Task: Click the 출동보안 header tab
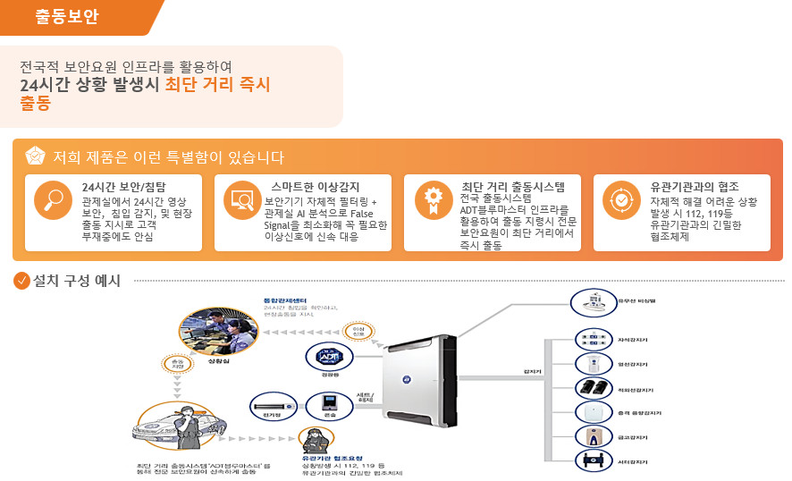click(x=67, y=17)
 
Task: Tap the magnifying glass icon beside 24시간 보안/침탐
click(x=53, y=199)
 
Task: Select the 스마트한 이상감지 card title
click(x=316, y=186)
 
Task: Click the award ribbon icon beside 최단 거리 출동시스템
click(x=432, y=199)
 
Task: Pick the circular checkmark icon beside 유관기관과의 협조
click(x=620, y=199)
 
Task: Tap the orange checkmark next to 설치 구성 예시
click(x=22, y=281)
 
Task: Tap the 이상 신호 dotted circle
click(x=358, y=334)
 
